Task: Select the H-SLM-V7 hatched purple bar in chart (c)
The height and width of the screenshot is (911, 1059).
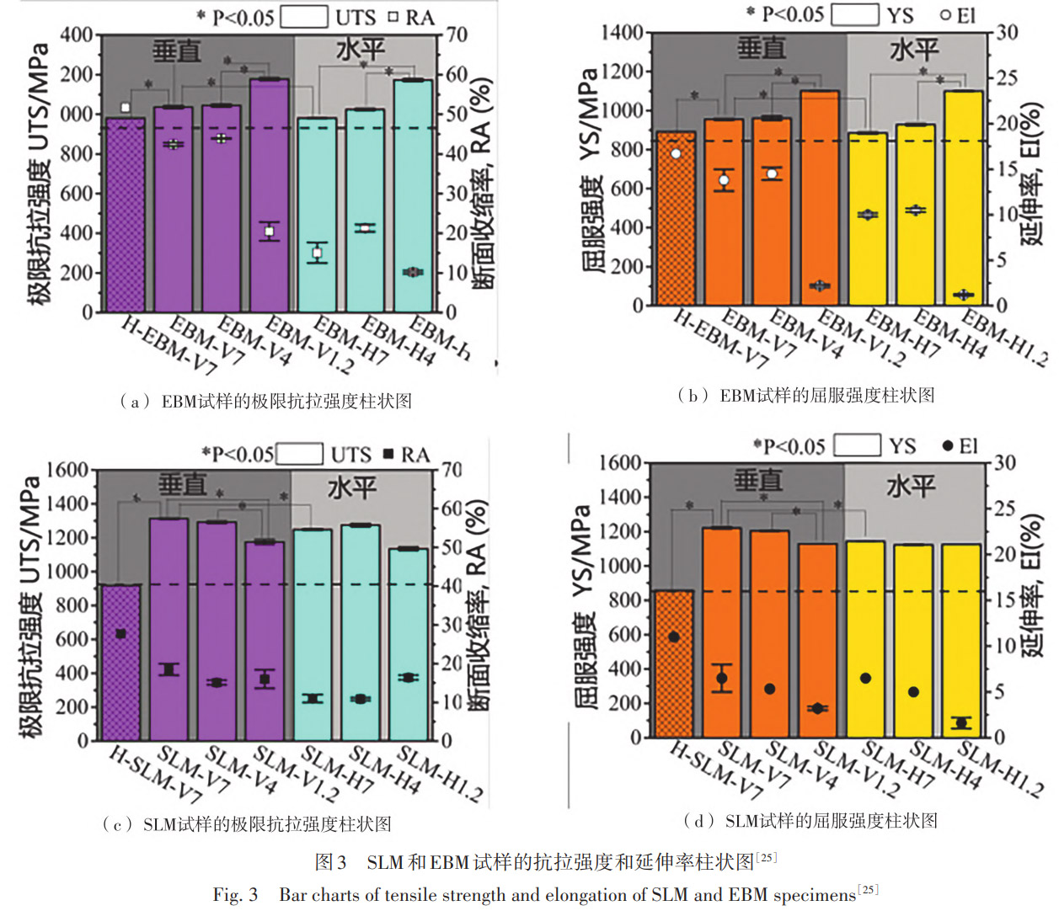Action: (x=120, y=662)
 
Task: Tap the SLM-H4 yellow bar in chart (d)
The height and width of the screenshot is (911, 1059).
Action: (x=913, y=640)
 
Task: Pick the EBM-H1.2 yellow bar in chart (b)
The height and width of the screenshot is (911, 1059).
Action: (x=963, y=197)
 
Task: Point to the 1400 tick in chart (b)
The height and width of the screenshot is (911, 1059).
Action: (x=622, y=33)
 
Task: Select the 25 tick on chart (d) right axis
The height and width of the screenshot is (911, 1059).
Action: (x=1004, y=508)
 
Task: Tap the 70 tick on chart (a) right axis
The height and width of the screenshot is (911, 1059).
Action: (x=457, y=35)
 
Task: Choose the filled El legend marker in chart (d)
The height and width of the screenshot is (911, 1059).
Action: (x=948, y=445)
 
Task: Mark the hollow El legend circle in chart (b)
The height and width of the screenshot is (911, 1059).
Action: (x=945, y=14)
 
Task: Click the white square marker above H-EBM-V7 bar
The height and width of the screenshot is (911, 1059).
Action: (x=126, y=108)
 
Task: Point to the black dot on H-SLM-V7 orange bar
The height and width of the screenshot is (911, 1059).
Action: (x=674, y=637)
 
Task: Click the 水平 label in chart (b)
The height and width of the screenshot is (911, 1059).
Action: (x=914, y=51)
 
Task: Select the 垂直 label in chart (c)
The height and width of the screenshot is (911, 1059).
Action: (x=183, y=485)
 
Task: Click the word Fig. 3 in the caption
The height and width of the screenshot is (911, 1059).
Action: (x=235, y=894)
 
